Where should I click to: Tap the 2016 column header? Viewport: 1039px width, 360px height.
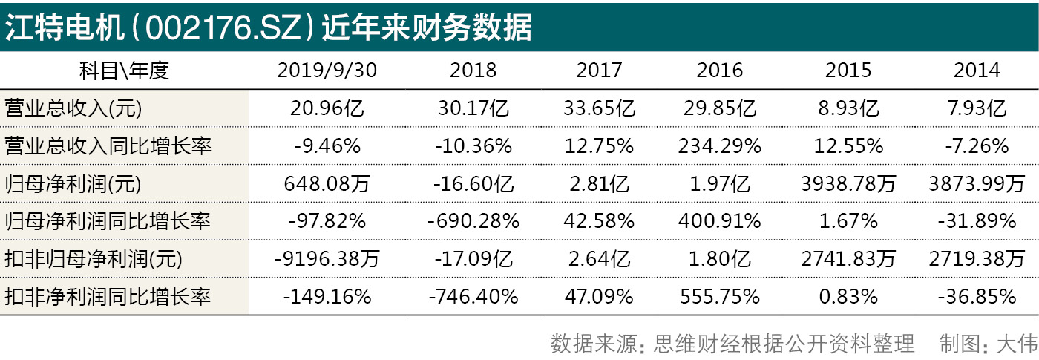pos(719,71)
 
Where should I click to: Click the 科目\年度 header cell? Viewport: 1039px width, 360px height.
pos(124,71)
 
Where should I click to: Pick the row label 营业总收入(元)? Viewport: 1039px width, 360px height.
pos(73,108)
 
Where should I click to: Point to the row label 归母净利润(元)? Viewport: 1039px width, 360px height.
pos(73,183)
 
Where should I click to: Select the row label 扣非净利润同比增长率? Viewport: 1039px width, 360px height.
pos(108,297)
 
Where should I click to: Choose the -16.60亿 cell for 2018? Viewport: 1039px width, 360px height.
pos(473,183)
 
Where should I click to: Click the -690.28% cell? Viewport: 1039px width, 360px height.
pos(473,221)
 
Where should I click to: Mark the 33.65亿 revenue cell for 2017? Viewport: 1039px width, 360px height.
pos(598,108)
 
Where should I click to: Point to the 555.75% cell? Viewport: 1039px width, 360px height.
pos(719,297)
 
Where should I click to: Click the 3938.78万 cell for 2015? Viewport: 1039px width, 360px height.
pos(849,183)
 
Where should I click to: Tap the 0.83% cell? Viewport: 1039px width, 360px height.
pos(849,297)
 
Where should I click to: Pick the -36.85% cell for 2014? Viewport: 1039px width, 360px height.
pos(977,297)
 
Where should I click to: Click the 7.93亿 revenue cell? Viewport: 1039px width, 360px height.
pos(977,108)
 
